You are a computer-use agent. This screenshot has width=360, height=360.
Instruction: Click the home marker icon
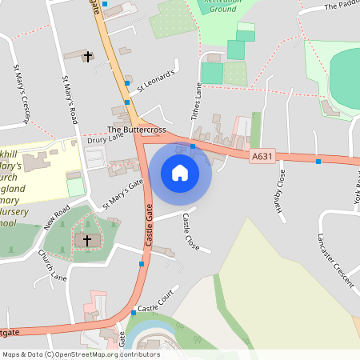click(180, 172)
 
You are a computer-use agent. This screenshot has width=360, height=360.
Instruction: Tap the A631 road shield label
click(262, 157)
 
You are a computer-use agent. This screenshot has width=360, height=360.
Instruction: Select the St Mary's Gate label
click(122, 194)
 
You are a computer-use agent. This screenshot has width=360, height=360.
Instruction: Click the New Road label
click(57, 217)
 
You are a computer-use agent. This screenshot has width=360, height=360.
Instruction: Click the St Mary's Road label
click(70, 99)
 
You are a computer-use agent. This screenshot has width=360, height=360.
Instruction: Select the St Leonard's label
click(155, 81)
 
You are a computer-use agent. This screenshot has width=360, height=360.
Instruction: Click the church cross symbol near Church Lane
click(87, 240)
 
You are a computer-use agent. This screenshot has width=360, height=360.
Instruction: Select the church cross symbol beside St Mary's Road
click(87, 56)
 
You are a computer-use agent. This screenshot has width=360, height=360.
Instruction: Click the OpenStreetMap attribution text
click(81, 354)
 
